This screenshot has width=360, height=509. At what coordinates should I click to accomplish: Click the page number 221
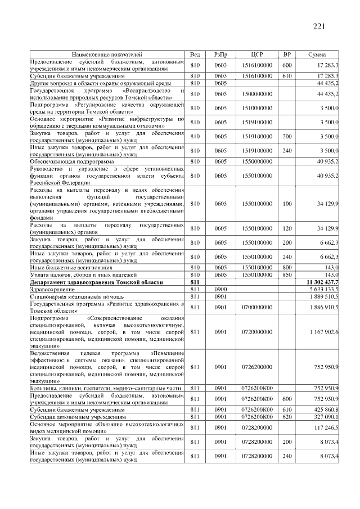pyautogui.click(x=318, y=26)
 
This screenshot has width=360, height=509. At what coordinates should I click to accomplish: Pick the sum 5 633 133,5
pyautogui.click(x=323, y=289)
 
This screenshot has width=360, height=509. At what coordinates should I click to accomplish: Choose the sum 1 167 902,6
pyautogui.click(x=323, y=332)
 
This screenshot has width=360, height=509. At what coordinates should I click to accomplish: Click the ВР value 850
pyautogui.click(x=287, y=274)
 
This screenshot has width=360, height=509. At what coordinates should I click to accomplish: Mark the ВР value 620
pyautogui.click(x=287, y=417)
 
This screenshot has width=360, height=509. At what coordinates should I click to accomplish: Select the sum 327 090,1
pyautogui.click(x=325, y=417)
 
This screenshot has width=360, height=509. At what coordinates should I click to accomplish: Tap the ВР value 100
pyautogui.click(x=287, y=204)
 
